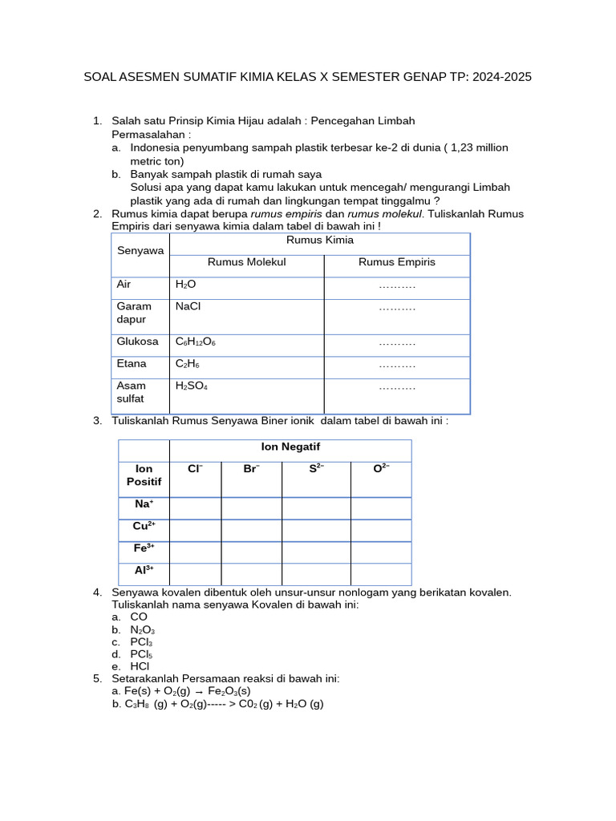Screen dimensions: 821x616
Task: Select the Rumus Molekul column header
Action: point(246,262)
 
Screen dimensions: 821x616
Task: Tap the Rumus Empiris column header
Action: point(397,262)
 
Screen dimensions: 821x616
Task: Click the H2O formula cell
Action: point(185,285)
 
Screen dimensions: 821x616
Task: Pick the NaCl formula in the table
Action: point(188,306)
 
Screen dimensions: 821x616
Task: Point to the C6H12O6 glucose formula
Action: point(196,342)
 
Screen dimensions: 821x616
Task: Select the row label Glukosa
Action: point(138,342)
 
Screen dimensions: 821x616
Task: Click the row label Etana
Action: point(132,364)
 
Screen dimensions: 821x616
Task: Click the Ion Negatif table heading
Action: point(290,447)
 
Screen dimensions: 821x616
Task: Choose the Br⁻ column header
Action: point(251,469)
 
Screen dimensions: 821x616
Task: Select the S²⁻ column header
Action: point(316,469)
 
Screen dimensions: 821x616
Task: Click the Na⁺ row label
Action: point(144,504)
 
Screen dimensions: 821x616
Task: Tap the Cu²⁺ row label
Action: point(144,527)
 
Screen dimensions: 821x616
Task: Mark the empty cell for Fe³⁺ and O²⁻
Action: point(380,552)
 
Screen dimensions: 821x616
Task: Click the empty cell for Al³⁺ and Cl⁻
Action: point(195,574)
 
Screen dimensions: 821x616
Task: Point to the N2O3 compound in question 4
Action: point(142,630)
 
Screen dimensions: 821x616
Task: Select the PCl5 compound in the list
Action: point(141,654)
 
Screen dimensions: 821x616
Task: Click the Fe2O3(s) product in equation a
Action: point(229,691)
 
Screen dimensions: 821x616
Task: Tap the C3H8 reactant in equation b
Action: point(137,704)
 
